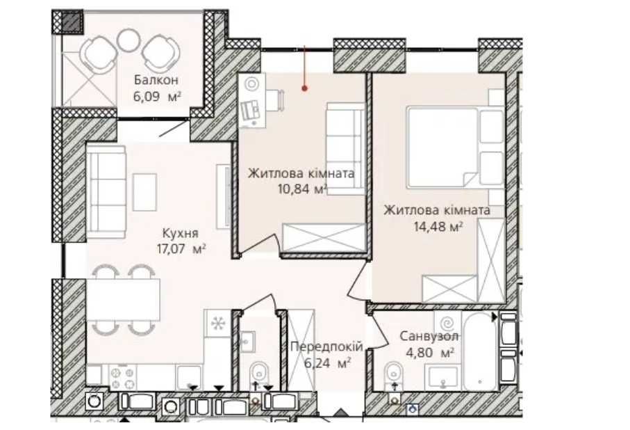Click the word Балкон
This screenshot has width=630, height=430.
point(156,80)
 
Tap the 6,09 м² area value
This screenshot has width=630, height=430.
point(157,97)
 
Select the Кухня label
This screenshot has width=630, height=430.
point(181,234)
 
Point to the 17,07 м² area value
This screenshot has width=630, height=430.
point(181,249)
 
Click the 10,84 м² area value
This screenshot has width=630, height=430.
point(301,189)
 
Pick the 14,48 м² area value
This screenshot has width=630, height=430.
point(438,227)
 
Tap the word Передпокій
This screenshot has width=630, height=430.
point(326,347)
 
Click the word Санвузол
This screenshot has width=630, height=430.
point(429,336)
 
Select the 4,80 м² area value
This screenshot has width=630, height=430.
point(430,353)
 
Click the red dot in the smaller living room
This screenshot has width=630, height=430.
point(304,88)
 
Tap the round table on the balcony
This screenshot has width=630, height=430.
point(129,40)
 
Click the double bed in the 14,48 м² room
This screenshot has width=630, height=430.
point(455,147)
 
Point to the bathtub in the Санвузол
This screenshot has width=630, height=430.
point(480,351)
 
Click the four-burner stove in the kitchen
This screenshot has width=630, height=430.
point(123,378)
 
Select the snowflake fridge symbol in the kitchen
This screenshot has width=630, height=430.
point(218,324)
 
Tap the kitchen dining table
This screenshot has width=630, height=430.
point(124,299)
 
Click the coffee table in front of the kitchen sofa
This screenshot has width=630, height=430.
point(144,192)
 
